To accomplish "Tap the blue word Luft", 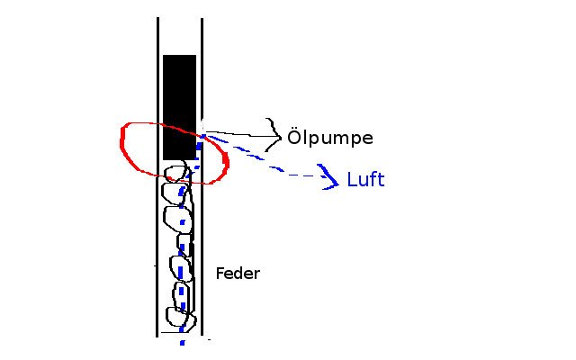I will point(365,180).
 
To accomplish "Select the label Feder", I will point(238,273).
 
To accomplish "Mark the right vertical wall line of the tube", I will point(202,252).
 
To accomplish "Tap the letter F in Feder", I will point(220,273).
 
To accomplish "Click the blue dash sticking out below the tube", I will point(183,341).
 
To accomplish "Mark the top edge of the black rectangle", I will point(179,56).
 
